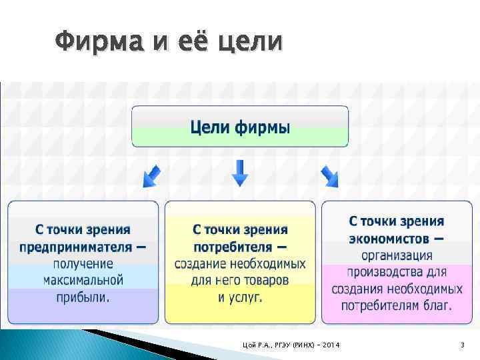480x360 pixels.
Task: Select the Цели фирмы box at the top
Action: (240, 126)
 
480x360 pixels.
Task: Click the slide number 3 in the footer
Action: (461, 344)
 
